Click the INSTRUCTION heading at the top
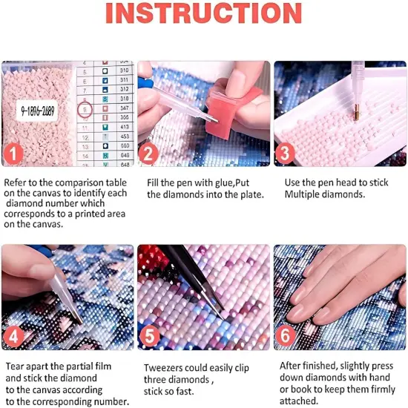(x=204, y=16)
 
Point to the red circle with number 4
(x=13, y=337)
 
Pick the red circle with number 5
(x=150, y=337)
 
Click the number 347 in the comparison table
(x=124, y=108)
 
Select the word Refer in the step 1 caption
(x=16, y=182)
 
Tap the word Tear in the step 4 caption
(x=15, y=366)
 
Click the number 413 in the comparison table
(x=124, y=127)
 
